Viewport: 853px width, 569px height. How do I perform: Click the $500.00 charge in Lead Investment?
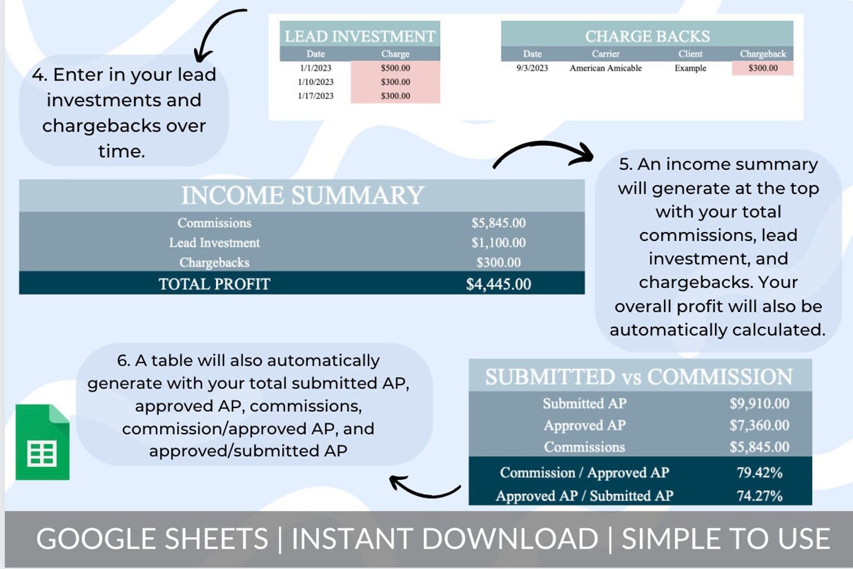point(395,68)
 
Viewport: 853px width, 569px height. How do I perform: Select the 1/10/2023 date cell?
point(316,82)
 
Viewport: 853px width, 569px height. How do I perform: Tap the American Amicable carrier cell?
point(605,68)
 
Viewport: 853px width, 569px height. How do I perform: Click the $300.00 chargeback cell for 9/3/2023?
point(763,68)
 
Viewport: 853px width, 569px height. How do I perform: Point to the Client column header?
point(690,54)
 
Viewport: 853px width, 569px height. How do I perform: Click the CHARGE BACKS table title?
point(647,36)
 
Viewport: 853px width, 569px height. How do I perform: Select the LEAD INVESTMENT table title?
point(360,36)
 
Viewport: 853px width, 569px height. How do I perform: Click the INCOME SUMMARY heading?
point(302,195)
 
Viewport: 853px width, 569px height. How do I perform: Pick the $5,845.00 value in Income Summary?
point(498,223)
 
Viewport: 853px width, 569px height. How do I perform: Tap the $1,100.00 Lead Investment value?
point(498,243)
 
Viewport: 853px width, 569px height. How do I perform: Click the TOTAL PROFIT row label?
point(214,284)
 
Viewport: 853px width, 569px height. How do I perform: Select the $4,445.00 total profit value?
point(498,284)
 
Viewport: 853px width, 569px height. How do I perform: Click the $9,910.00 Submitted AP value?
point(759,404)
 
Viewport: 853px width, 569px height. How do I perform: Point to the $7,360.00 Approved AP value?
point(759,426)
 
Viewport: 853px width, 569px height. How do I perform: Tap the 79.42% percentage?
point(759,473)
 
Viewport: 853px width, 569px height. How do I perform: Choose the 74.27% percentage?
point(759,496)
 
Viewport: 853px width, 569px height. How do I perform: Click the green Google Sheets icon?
point(42,442)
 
